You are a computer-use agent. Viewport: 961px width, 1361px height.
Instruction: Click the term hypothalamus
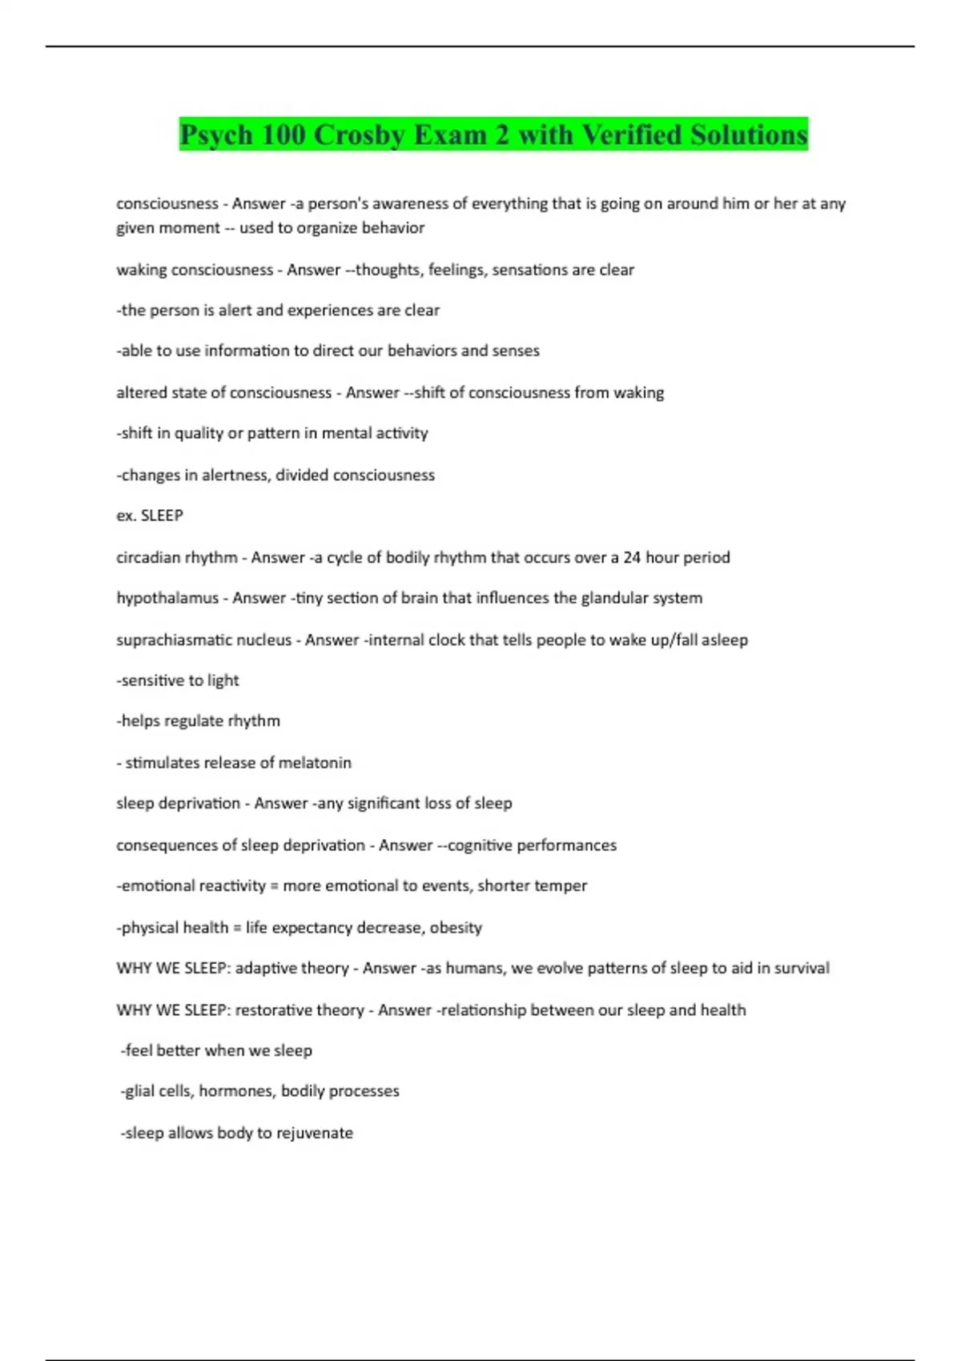coord(167,598)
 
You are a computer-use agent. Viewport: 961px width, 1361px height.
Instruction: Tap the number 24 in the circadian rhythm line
coord(632,557)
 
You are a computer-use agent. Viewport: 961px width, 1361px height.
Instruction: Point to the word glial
coord(141,1091)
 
